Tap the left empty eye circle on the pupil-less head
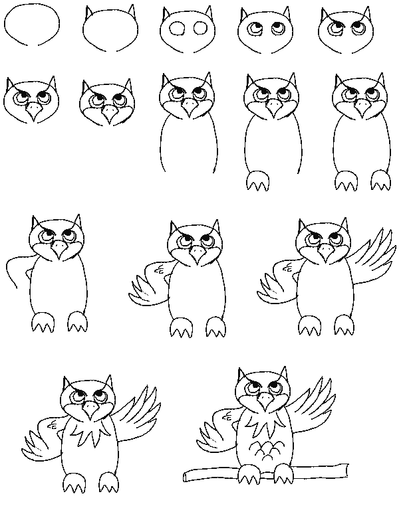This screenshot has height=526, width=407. click(177, 29)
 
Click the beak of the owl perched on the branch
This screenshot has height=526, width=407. click(265, 400)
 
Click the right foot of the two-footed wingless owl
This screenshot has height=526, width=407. click(378, 179)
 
